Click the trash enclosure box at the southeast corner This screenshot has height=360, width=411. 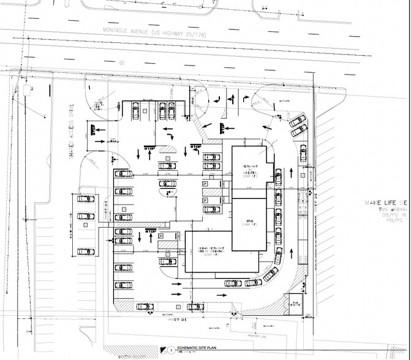click(x=295, y=303)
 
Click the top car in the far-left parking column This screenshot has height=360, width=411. click(x=85, y=198)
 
